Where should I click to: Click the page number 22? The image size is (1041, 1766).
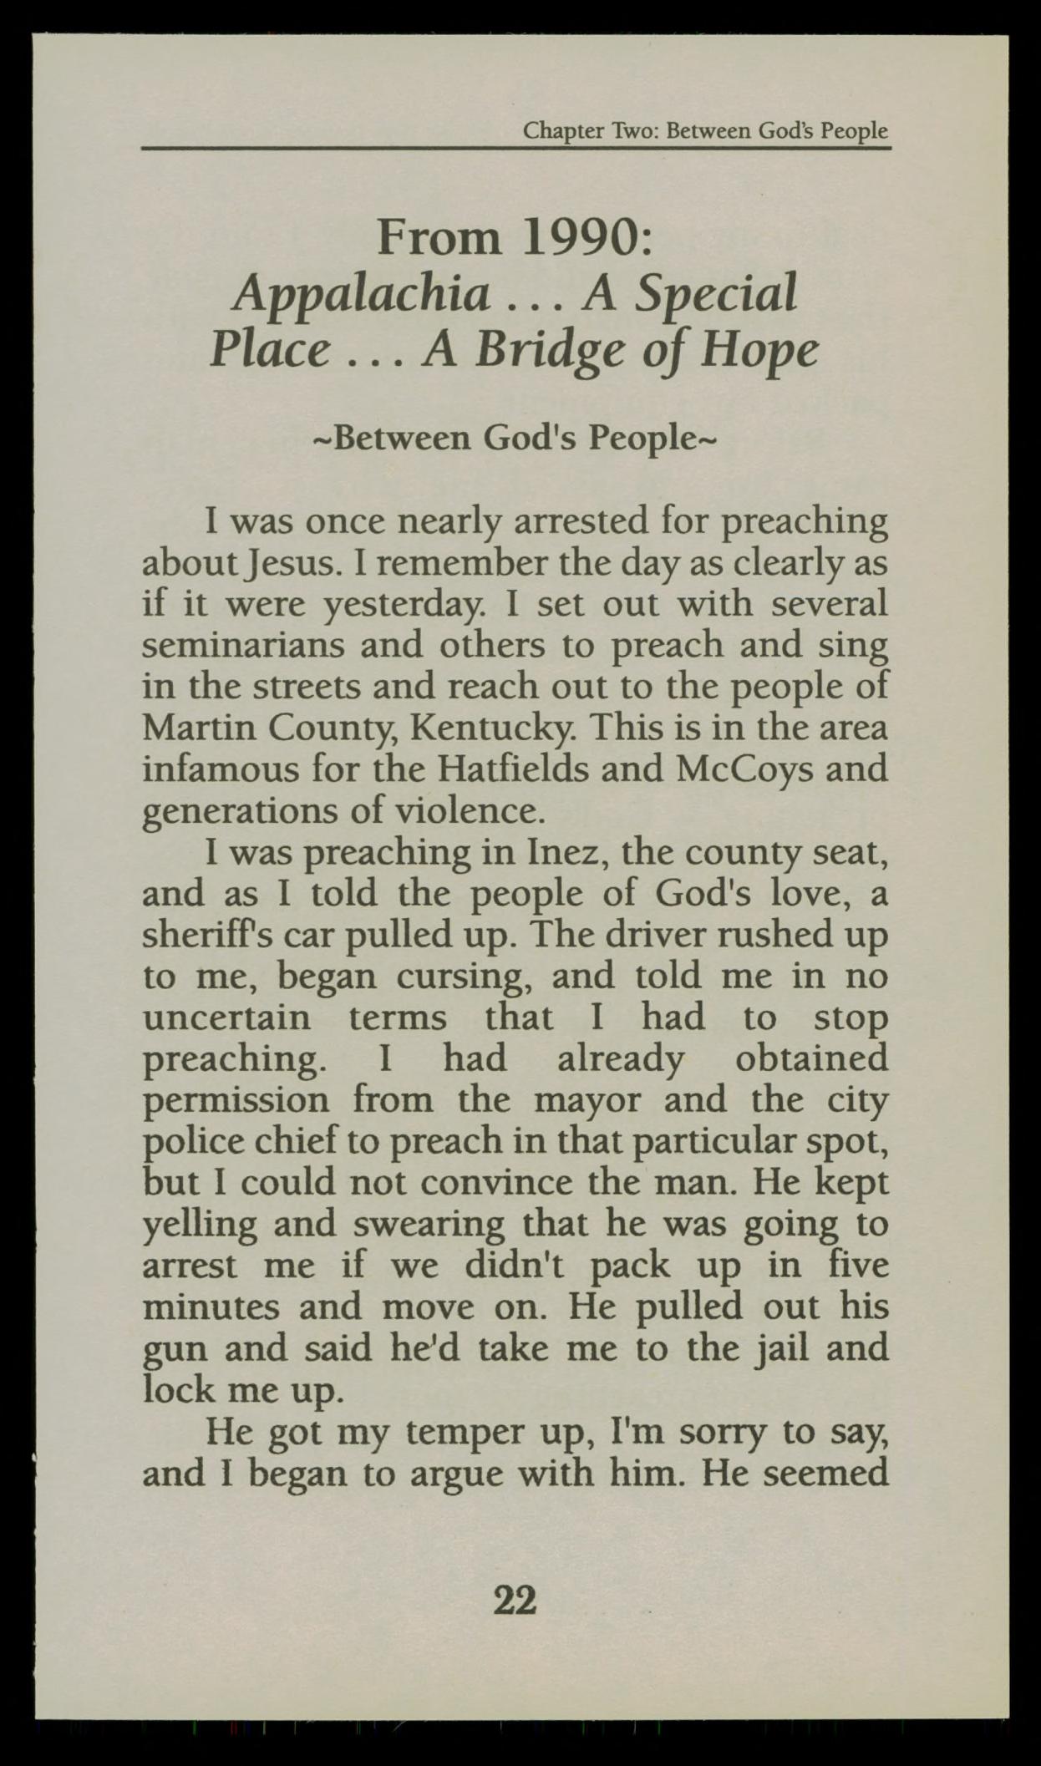tap(515, 1601)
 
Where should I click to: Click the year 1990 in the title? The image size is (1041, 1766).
tap(581, 238)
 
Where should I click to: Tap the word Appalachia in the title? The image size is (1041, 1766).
tap(362, 295)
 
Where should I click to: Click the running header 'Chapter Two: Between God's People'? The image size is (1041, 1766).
tap(704, 131)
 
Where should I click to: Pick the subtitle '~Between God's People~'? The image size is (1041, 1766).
tap(513, 438)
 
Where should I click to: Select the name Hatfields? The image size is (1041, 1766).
tap(483, 769)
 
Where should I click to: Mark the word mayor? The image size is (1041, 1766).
tap(587, 1099)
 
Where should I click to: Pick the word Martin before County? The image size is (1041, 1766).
tap(197, 728)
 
